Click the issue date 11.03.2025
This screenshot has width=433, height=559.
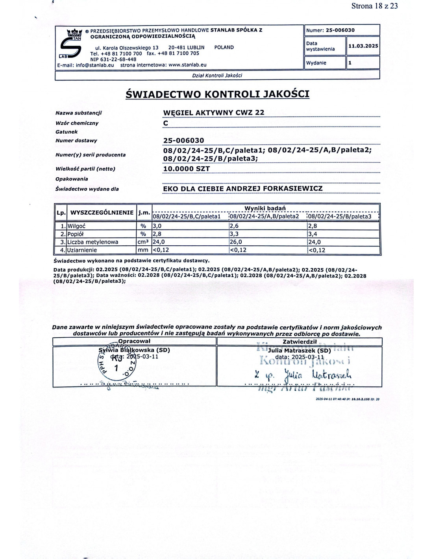pos(363,46)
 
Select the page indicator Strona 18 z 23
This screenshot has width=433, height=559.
pos(374,6)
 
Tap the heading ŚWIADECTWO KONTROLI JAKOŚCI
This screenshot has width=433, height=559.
pos(217,94)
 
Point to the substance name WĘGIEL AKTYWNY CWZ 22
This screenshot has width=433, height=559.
pos(214,112)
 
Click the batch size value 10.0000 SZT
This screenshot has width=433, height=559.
pos(187,169)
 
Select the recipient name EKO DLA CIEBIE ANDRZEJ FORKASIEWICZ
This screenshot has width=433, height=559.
pos(242,189)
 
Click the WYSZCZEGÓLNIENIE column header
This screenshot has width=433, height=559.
pos(102,213)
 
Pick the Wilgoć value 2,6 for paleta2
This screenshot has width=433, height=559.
pos(234,226)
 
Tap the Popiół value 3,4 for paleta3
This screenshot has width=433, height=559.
pos(313,234)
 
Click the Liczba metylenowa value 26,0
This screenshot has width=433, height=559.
pos(236,242)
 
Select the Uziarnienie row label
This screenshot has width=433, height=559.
pos(82,250)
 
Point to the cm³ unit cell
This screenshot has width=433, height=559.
pos(143,242)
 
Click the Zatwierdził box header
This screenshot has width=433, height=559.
pos(300,342)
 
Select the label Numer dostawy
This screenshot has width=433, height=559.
pos(76,141)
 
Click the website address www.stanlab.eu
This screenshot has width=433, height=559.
pos(187,65)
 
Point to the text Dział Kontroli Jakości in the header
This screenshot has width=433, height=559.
pos(217,75)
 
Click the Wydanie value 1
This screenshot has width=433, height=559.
pos(350,63)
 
